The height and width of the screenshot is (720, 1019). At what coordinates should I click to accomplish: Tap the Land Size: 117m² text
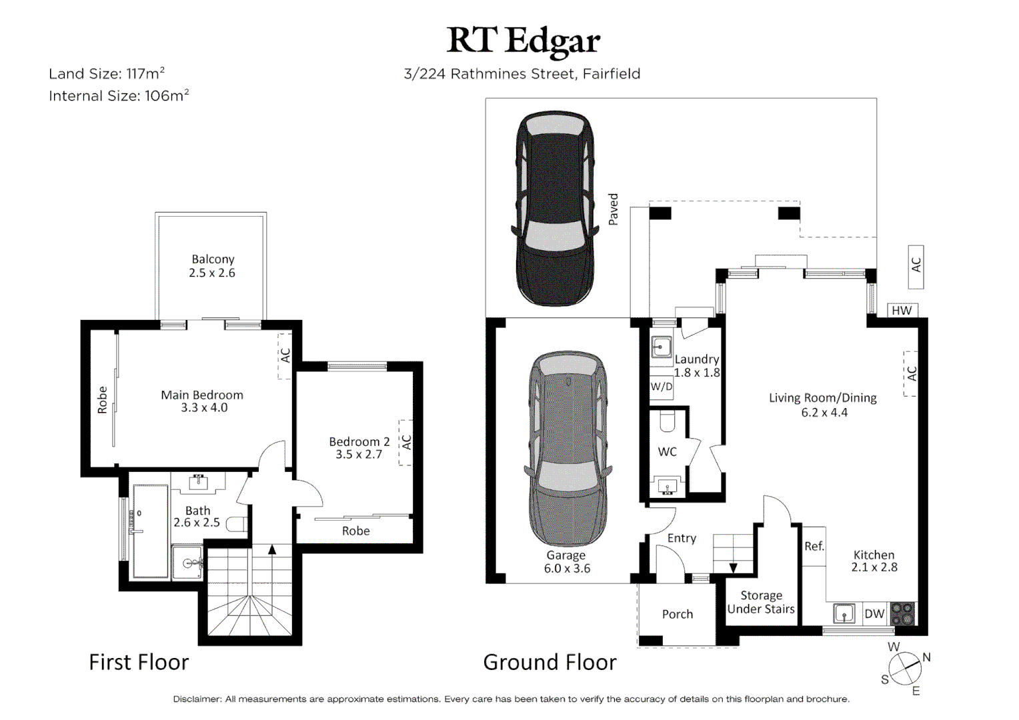(107, 73)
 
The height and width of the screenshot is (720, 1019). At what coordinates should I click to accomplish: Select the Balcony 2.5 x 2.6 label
(213, 265)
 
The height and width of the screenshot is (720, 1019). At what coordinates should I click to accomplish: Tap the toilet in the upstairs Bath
(237, 523)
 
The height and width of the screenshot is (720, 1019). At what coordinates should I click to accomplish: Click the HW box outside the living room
(902, 310)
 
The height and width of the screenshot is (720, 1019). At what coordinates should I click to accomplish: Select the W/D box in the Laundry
(661, 387)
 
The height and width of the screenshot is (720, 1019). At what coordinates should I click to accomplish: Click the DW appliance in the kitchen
(874, 613)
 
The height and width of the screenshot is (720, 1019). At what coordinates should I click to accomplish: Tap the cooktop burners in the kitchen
(902, 613)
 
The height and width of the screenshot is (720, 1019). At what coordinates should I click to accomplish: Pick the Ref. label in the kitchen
(814, 546)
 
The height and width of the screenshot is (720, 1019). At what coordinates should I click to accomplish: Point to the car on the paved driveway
(555, 208)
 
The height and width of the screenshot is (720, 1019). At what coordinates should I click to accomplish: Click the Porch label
(678, 615)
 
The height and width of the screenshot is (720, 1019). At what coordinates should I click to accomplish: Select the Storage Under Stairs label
(761, 602)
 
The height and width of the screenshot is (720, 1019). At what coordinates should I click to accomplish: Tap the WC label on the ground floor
(668, 452)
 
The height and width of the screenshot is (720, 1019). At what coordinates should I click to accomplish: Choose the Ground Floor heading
(550, 662)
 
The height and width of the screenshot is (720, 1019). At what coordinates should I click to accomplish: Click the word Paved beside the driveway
(614, 209)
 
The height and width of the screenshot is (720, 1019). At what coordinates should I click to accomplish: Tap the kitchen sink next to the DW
(844, 613)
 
